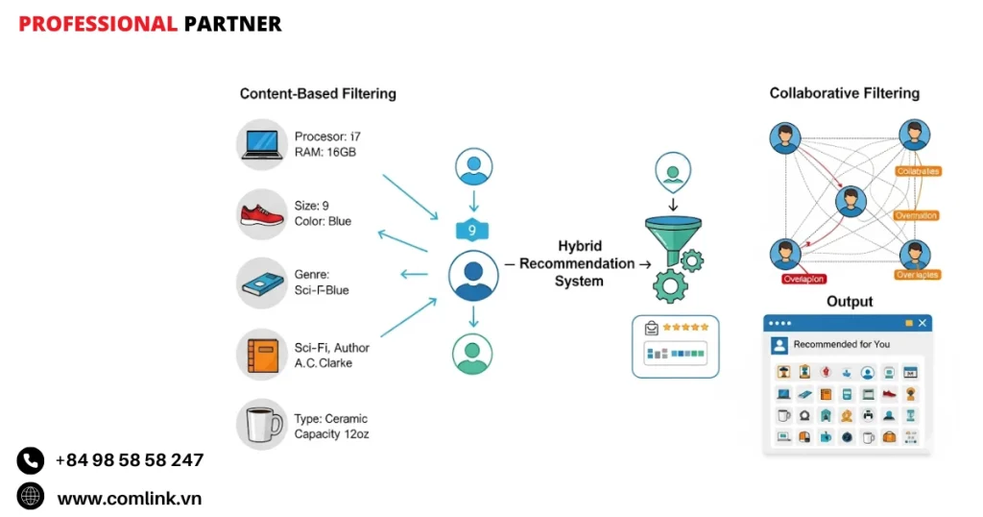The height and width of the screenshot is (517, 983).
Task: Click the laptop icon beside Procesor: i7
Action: coord(262,145)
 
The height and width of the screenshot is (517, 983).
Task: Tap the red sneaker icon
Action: coord(262,214)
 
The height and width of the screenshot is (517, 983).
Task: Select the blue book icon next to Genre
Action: coord(262,283)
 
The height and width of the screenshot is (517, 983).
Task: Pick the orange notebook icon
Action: coord(262,355)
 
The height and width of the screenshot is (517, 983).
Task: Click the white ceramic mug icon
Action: coord(262,425)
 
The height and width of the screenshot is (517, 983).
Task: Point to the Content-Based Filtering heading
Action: coord(318,94)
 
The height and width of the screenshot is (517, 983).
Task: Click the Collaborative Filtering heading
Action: coord(844,93)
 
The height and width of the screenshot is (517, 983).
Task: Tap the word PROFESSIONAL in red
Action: coord(98,24)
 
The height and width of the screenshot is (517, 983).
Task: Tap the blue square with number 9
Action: coord(472,231)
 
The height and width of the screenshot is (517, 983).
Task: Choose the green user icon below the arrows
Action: coord(472,354)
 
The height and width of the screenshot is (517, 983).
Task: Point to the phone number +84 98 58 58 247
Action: coord(129,460)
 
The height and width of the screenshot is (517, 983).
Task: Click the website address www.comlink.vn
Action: coord(129,498)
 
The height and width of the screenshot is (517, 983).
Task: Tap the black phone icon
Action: coord(31,461)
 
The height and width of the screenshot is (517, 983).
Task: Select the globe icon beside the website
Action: coord(31,497)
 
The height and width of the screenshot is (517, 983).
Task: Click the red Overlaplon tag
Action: coord(803,279)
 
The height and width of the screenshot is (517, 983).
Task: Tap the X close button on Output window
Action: coord(923,324)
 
